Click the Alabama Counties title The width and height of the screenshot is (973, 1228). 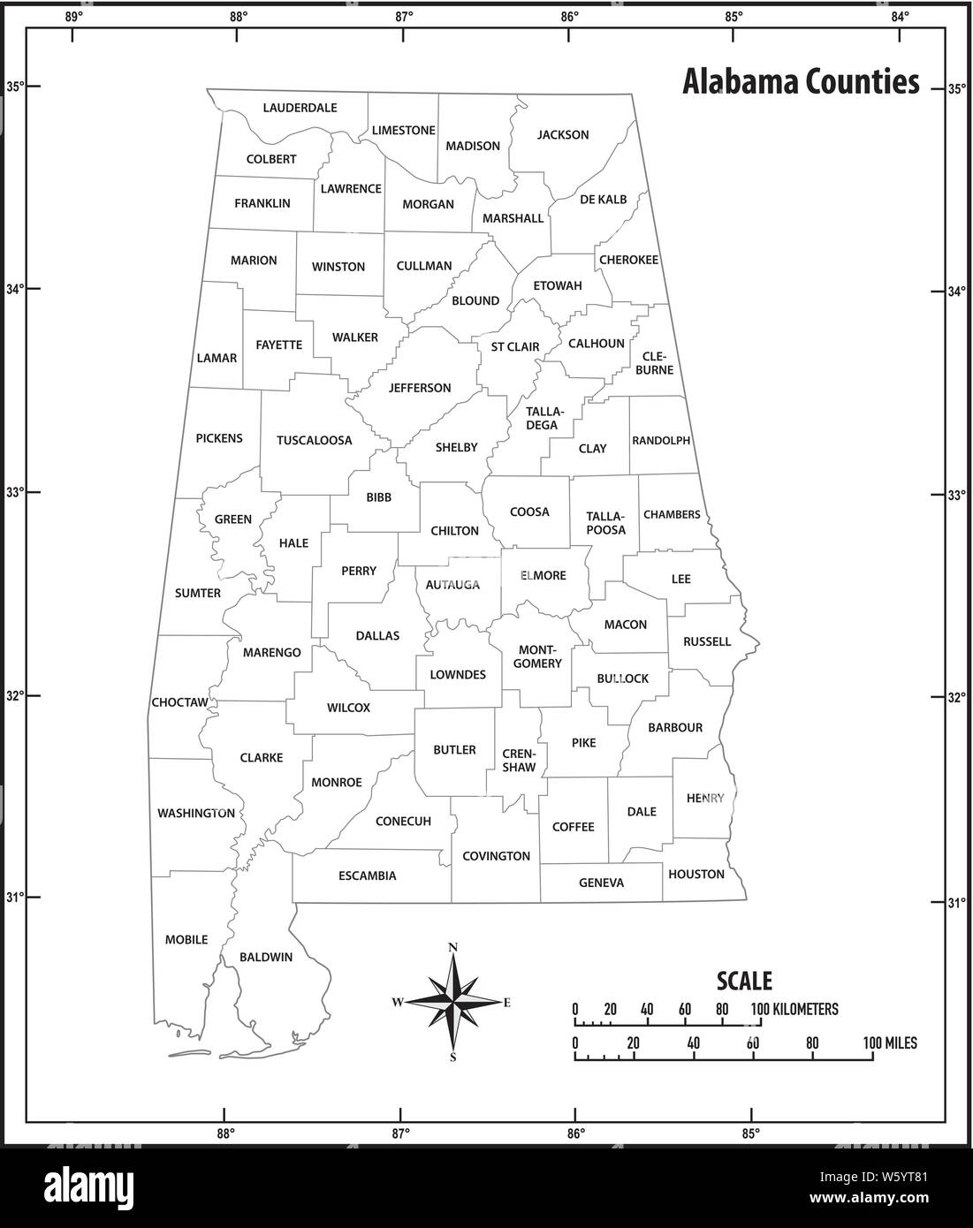click(x=801, y=82)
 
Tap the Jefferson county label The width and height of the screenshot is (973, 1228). click(x=420, y=388)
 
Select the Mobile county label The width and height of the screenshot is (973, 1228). click(x=186, y=939)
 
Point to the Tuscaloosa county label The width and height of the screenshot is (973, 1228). click(x=314, y=440)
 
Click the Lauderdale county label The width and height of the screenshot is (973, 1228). click(x=300, y=108)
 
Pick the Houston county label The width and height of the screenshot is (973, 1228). click(x=696, y=874)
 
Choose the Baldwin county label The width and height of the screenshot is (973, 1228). click(x=266, y=957)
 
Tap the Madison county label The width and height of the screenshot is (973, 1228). click(x=473, y=146)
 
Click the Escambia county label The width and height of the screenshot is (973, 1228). click(x=368, y=876)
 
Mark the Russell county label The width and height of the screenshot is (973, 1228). click(x=707, y=641)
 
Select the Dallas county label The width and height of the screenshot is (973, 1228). click(x=377, y=635)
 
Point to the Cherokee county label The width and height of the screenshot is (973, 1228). click(x=628, y=260)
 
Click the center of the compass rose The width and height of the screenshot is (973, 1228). click(x=453, y=1002)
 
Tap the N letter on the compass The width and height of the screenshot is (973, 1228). click(x=453, y=948)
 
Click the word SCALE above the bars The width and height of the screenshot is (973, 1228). click(x=744, y=981)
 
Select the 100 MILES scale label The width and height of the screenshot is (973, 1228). click(x=889, y=1043)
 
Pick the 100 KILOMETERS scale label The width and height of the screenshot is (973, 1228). click(x=794, y=1009)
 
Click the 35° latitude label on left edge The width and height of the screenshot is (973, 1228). click(x=13, y=87)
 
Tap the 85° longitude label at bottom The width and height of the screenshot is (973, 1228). click(x=750, y=1133)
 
